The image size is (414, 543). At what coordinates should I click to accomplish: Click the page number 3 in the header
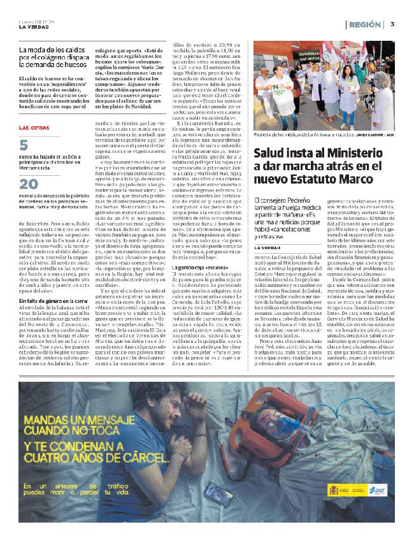click(393, 24)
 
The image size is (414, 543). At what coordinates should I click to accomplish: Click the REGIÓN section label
click(365, 24)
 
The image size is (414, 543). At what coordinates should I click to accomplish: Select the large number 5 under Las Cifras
click(24, 146)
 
